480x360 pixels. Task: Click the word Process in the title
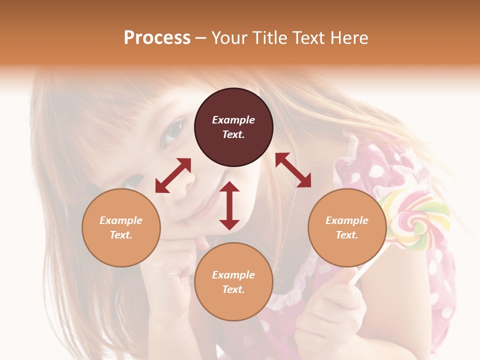tap(157, 38)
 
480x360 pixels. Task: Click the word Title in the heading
tap(268, 38)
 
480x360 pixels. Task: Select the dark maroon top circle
tap(233, 127)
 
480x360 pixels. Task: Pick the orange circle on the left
tap(121, 227)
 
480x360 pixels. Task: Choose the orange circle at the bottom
tap(233, 282)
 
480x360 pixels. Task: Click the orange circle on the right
tap(347, 227)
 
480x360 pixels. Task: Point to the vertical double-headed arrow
tap(229, 205)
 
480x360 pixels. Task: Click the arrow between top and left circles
tap(173, 175)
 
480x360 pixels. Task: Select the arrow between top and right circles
tap(293, 170)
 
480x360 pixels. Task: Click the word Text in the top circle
tap(233, 134)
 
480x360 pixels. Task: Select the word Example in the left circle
tap(121, 220)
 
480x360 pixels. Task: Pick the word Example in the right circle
tap(347, 220)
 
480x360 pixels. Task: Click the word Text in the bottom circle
tap(233, 289)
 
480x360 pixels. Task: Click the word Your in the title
tap(230, 38)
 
